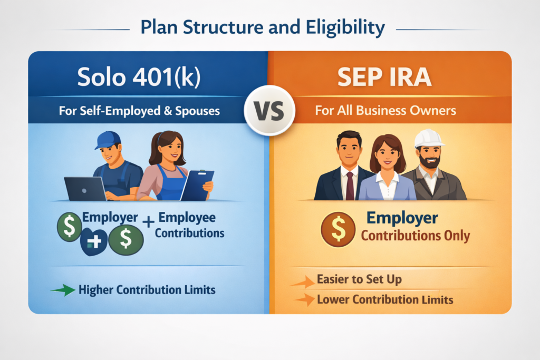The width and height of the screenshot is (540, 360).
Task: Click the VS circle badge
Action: (x=269, y=110)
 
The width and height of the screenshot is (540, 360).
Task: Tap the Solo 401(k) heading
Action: (x=139, y=77)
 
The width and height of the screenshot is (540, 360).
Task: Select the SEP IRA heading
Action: (x=384, y=77)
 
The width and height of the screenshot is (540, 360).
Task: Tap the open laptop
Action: (x=86, y=189)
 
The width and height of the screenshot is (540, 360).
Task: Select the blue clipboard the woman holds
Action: (x=198, y=185)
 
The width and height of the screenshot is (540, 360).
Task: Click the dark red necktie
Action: (x=350, y=186)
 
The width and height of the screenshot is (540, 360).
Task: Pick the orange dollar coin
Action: (x=338, y=229)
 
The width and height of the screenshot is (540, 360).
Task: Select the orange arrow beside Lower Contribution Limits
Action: (x=304, y=299)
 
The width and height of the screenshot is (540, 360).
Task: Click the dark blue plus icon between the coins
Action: (x=94, y=241)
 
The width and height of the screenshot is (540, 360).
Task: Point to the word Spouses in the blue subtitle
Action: (x=197, y=111)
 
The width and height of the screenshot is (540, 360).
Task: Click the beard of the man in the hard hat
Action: (x=429, y=161)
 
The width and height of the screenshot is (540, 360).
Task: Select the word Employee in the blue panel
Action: (x=187, y=218)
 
